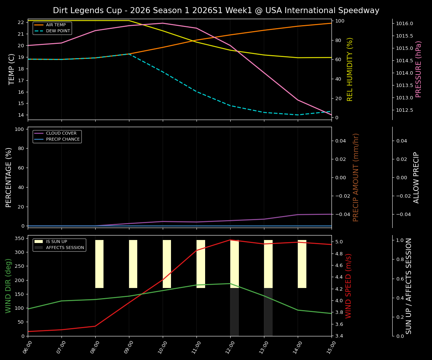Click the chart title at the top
216,10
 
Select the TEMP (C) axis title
12,69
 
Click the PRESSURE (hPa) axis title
418,69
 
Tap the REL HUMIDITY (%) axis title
350,69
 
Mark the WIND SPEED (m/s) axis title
348,285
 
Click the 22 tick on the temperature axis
21,22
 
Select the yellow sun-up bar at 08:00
99,264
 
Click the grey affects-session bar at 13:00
268,312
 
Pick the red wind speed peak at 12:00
230,240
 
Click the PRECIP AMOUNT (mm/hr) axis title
356,177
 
